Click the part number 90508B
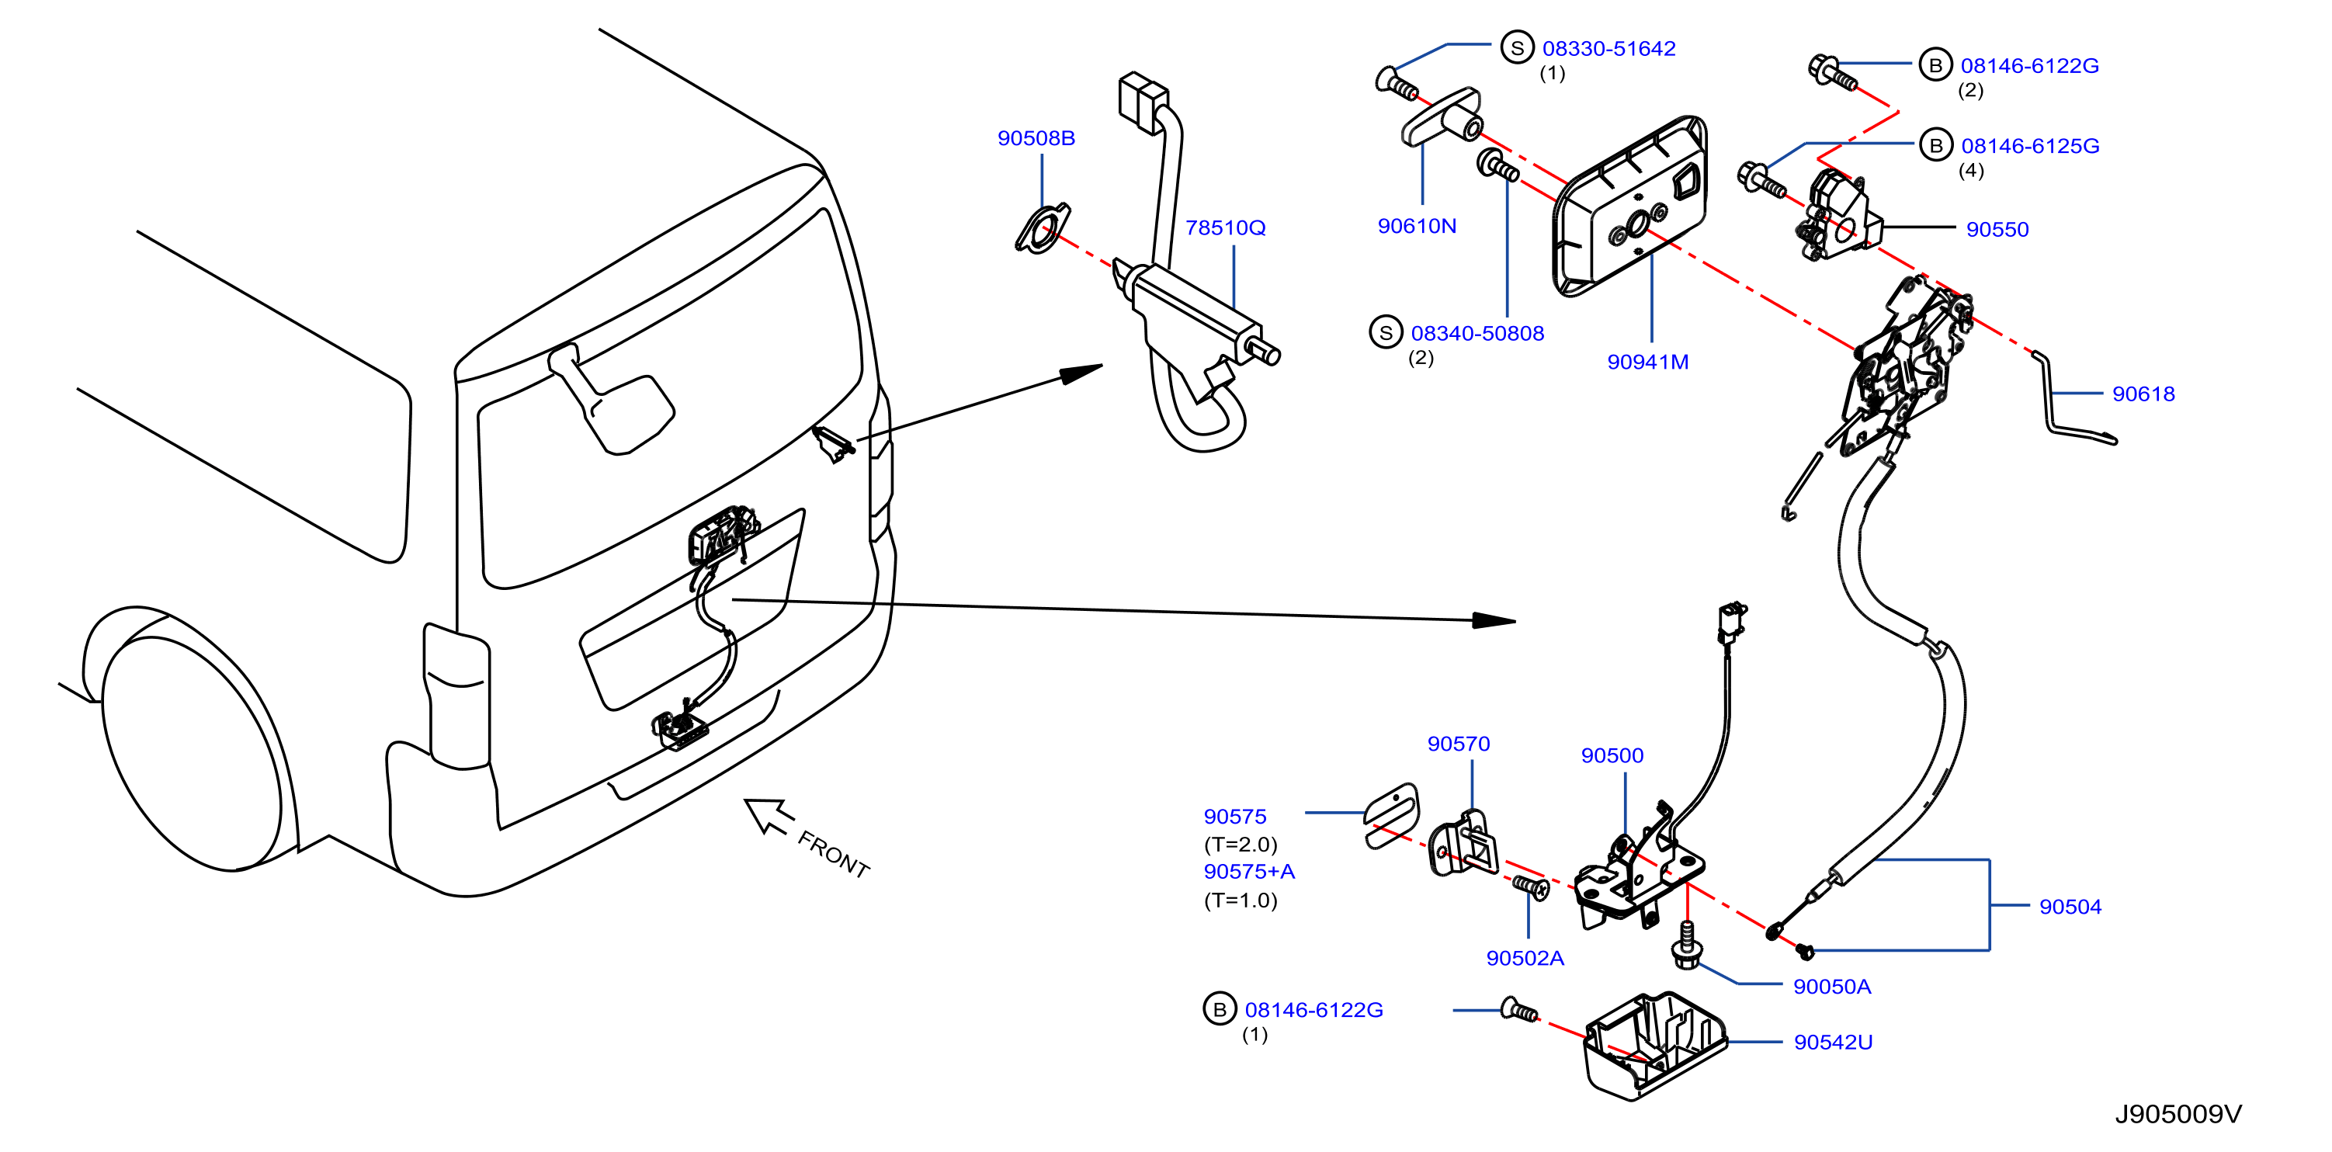(1036, 138)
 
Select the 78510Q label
(1225, 228)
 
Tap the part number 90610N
(1417, 226)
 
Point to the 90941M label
(1647, 362)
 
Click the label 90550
(1997, 230)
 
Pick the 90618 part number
(2143, 394)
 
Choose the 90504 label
(2070, 907)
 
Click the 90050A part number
(1831, 987)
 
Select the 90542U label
(1833, 1043)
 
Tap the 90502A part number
(1525, 959)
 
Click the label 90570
(1459, 744)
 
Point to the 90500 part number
(1612, 755)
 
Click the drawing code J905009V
(2178, 1114)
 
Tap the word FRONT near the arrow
(834, 854)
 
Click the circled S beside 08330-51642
(1517, 48)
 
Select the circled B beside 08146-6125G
(1935, 145)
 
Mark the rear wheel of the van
(190, 751)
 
